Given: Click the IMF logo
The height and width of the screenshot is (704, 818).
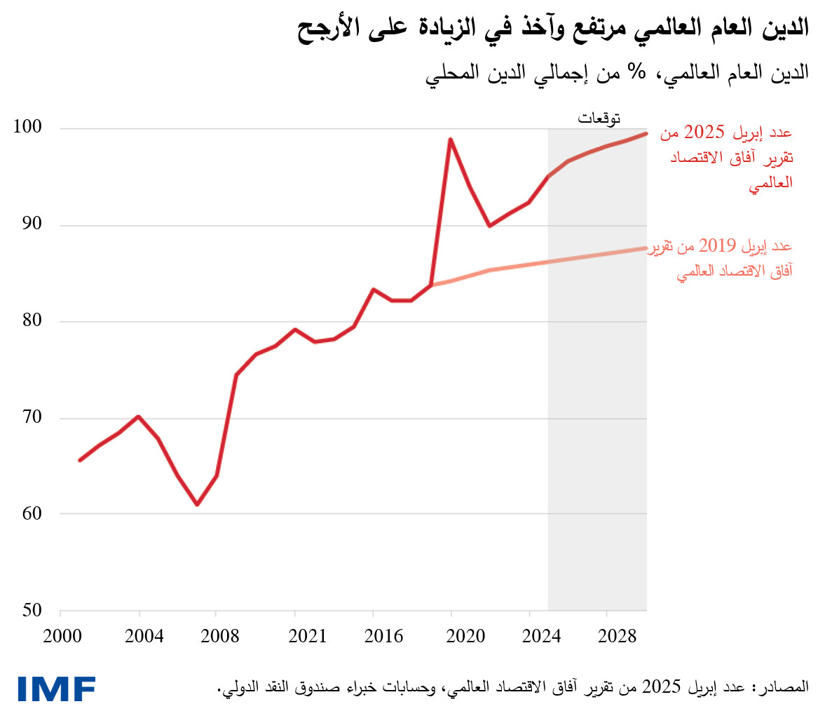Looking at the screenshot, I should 57,689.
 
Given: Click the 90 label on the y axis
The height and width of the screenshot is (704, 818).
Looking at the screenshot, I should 31,224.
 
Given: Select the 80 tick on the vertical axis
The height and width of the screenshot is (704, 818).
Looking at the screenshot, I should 31,321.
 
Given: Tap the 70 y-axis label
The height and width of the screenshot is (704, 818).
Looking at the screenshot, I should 31,418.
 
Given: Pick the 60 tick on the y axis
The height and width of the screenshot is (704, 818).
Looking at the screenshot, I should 31,514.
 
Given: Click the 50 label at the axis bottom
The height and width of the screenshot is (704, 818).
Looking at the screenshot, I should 31,611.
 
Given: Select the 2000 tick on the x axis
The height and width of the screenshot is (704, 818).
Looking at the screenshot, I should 61,637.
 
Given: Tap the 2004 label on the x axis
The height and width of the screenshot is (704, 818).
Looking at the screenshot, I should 139,637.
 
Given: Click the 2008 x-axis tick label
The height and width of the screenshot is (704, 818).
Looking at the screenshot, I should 217,637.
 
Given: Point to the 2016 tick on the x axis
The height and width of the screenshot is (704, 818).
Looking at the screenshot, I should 374,637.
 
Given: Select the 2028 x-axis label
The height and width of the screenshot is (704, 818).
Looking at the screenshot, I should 608,637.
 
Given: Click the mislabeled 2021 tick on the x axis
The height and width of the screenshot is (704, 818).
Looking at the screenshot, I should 295,637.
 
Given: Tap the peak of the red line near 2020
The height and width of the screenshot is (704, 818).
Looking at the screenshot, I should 451,139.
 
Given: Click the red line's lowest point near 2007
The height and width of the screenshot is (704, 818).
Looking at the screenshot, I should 197,504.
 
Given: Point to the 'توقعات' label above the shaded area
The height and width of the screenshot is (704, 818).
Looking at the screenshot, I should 599,118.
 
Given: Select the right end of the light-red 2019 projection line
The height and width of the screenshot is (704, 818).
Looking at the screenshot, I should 646,248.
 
